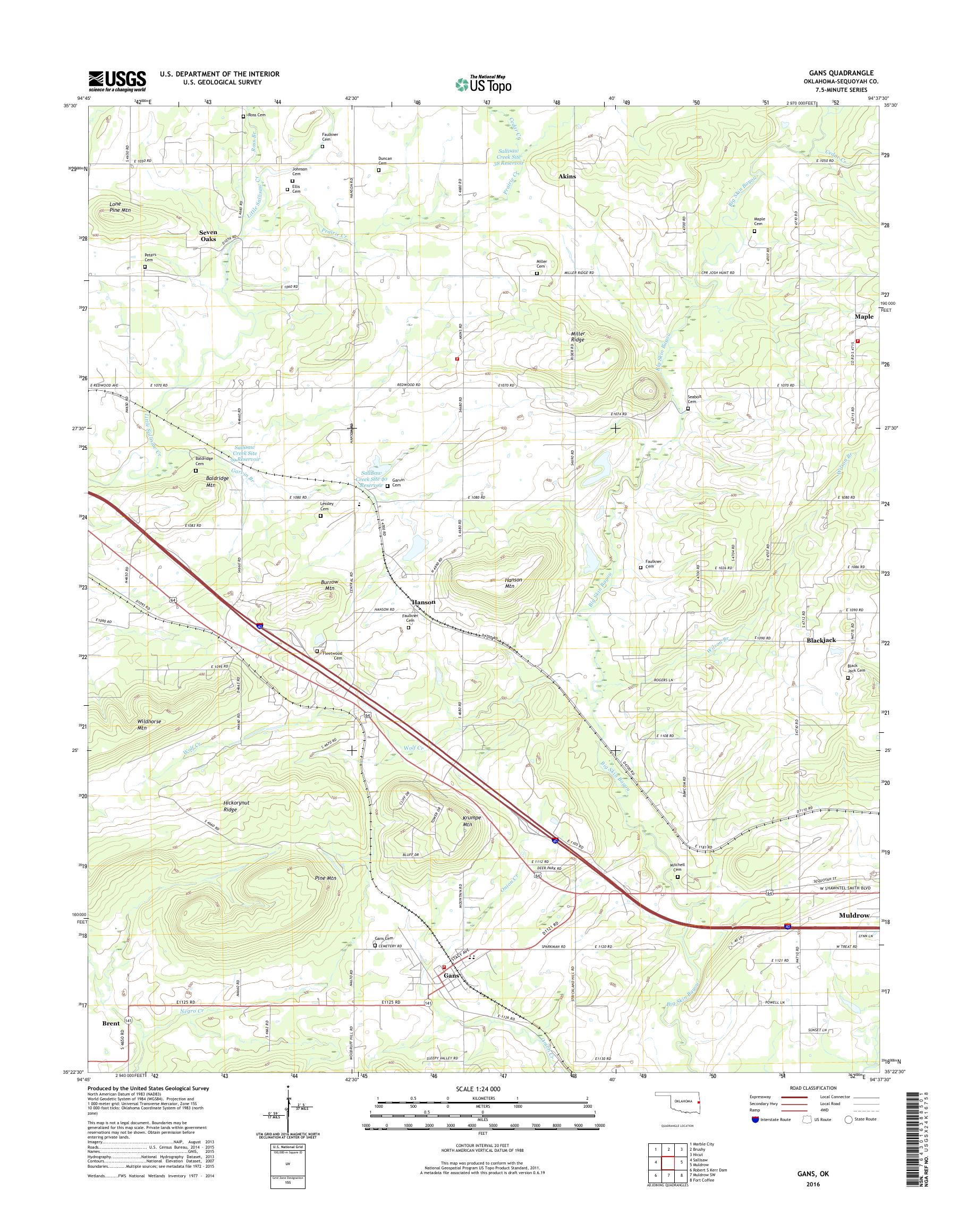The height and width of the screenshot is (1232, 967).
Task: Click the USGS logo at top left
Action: click(117, 81)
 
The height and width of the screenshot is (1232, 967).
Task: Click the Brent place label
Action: click(111, 1024)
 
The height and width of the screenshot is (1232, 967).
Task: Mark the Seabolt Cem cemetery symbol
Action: click(688, 408)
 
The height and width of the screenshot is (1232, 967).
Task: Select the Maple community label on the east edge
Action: click(863, 317)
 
